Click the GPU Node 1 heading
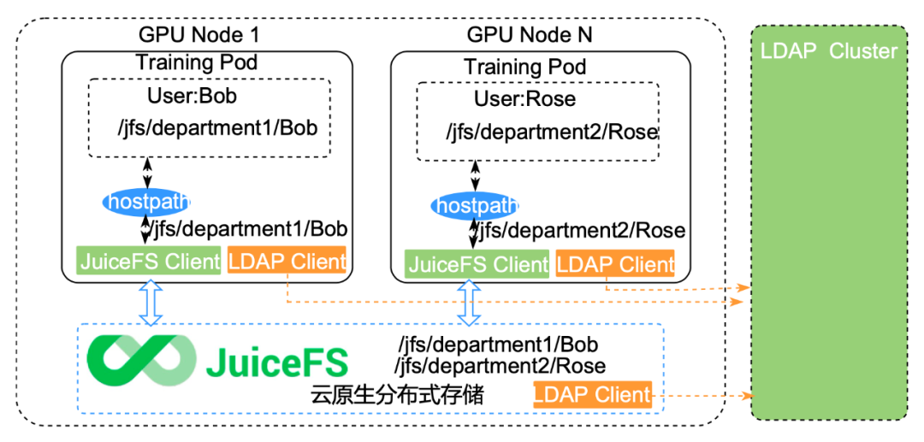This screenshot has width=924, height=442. click(198, 35)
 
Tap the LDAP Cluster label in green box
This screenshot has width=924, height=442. click(828, 51)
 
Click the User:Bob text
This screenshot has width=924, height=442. click(192, 95)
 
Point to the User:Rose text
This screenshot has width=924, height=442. click(524, 98)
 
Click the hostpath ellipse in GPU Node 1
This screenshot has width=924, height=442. click(146, 202)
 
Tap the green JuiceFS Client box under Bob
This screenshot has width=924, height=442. click(150, 261)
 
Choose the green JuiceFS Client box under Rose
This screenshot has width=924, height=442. click(477, 264)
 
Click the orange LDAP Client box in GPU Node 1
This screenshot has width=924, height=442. click(287, 261)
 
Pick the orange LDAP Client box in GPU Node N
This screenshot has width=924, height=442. click(615, 264)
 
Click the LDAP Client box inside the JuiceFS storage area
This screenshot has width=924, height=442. click(592, 396)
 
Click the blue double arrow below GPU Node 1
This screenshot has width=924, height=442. click(151, 304)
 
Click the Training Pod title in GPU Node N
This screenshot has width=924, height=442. click(524, 67)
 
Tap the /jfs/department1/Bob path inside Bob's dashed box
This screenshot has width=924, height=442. click(217, 129)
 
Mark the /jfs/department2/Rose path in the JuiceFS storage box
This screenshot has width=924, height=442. click(500, 366)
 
